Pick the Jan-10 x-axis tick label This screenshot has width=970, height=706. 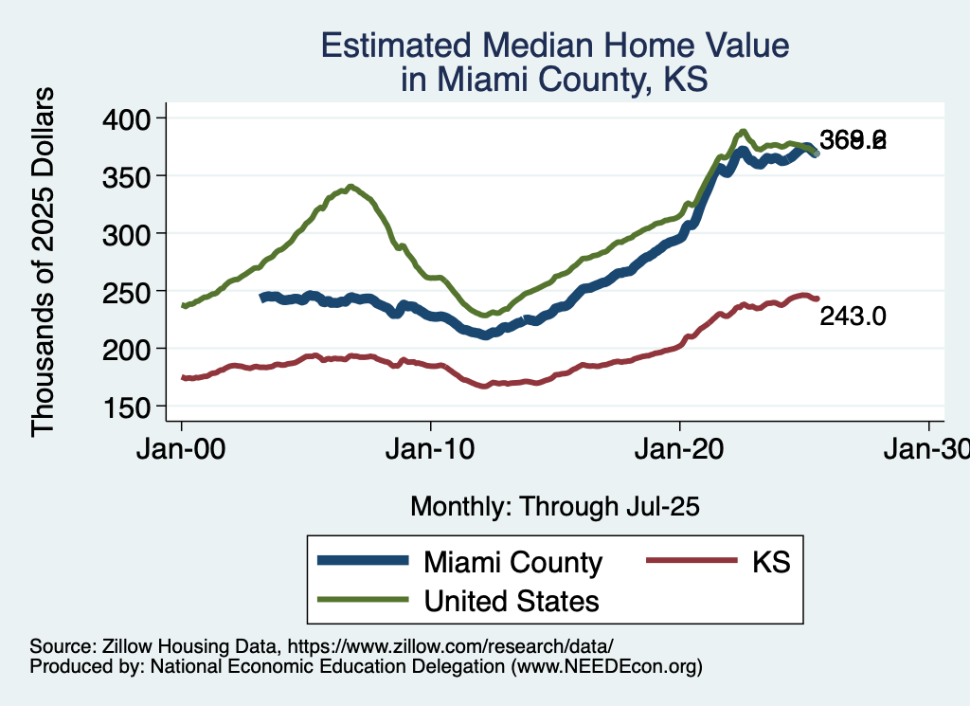click(430, 448)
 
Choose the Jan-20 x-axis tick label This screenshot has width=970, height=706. click(680, 448)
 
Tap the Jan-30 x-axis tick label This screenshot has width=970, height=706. click(927, 448)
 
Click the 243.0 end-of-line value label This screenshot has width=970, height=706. click(853, 316)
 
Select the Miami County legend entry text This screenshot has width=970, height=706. click(512, 562)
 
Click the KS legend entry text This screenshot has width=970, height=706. click(771, 562)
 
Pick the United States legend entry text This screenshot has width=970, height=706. click(512, 600)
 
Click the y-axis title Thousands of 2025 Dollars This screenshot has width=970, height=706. click(45, 262)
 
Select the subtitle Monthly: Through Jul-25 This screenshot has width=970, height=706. click(554, 507)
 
